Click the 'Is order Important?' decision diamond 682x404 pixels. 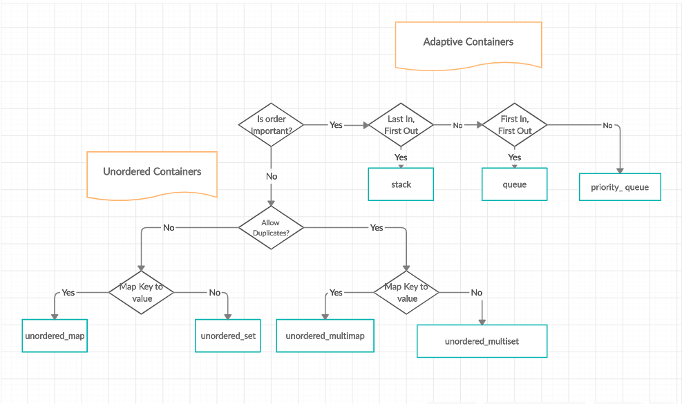click(x=271, y=125)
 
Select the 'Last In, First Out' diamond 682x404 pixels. click(x=401, y=125)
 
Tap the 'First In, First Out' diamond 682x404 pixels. click(x=515, y=125)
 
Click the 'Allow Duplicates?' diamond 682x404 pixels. click(x=271, y=228)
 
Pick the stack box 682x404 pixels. click(x=401, y=184)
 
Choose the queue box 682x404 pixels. click(x=514, y=184)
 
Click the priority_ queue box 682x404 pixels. click(x=620, y=187)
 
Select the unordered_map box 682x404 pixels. click(x=55, y=336)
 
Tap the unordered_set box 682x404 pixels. click(x=228, y=336)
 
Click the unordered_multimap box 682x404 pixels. click(x=325, y=336)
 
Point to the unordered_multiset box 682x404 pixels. click(x=482, y=341)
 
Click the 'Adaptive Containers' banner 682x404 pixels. click(x=468, y=43)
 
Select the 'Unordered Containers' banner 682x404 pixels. click(x=152, y=173)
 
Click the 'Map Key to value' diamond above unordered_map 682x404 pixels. click(x=141, y=293)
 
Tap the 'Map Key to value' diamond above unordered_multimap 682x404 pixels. click(x=406, y=293)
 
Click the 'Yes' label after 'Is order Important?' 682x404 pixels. click(x=336, y=125)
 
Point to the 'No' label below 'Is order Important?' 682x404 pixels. click(x=272, y=176)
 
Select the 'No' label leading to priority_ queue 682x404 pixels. click(x=607, y=125)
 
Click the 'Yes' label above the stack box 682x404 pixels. click(x=401, y=157)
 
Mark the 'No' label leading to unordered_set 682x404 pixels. click(x=215, y=293)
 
